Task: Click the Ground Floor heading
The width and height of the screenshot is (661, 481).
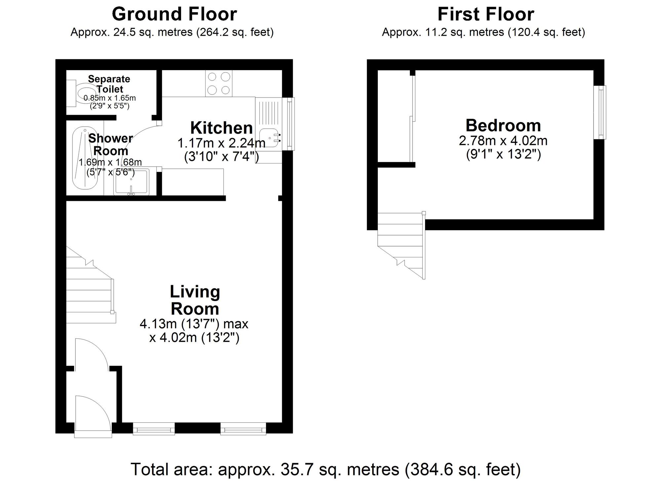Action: (175, 14)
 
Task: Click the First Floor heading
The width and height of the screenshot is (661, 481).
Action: (486, 14)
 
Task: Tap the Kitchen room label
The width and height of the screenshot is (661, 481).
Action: (221, 128)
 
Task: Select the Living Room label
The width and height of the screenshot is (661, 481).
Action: (195, 300)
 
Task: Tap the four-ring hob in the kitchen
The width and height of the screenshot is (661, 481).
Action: (218, 83)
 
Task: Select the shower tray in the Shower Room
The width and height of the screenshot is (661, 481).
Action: (85, 158)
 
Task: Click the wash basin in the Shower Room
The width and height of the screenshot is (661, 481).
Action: (132, 182)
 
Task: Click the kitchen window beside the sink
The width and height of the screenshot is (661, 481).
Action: (290, 124)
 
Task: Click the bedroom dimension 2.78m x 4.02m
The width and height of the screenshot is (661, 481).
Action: (503, 141)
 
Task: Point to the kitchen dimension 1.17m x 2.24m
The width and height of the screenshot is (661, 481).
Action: (221, 143)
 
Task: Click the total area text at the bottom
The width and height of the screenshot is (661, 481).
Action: (326, 469)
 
